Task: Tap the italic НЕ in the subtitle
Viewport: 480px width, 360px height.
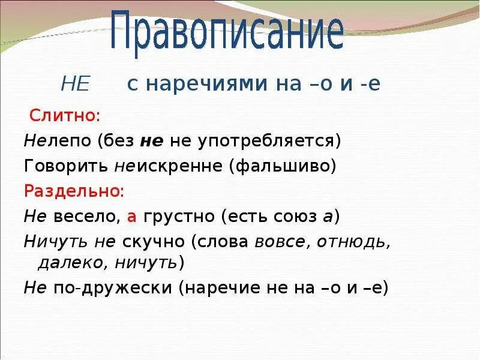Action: tap(75, 85)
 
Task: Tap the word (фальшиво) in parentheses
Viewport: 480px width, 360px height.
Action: tap(281, 166)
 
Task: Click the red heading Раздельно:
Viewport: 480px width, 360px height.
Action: tap(74, 191)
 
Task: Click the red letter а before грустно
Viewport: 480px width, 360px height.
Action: tap(132, 217)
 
